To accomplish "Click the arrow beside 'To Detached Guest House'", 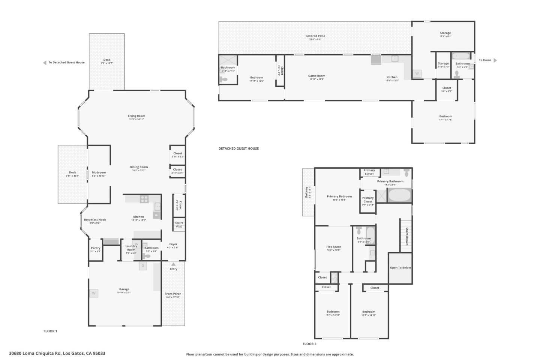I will (45, 63).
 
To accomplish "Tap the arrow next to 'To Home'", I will (495, 60).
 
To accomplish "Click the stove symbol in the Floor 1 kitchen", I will (144, 199).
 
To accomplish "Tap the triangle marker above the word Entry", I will (173, 264).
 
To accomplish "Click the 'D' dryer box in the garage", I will (142, 266).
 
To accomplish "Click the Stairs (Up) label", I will (179, 224).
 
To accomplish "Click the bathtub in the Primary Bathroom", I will (399, 196).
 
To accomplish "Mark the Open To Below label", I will (400, 268).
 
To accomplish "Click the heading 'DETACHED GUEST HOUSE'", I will (238, 148).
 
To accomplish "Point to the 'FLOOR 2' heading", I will (309, 344).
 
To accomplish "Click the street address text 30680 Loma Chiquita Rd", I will (57, 353).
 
